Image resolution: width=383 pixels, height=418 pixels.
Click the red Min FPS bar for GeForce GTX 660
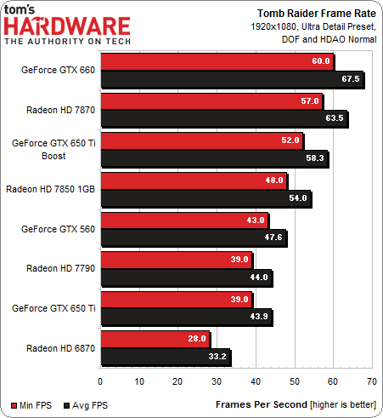pos(217,62)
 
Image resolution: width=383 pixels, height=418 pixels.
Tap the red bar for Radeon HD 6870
pos(155,340)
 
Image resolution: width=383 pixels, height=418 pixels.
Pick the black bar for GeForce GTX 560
pos(193,238)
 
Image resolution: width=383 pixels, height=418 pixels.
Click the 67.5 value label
pos(351,79)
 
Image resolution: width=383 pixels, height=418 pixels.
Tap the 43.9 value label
pos(258,318)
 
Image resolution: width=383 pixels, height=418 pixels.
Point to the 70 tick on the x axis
pos(371,381)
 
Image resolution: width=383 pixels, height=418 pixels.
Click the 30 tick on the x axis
pos(217,381)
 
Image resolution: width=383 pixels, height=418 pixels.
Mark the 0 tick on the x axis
pos(100,381)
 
